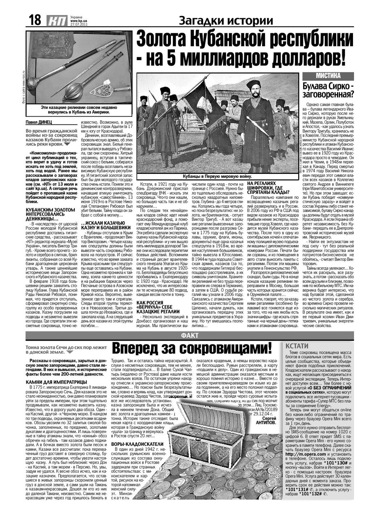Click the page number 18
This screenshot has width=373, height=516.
tap(35, 20)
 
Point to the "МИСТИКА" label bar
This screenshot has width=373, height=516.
tap(328, 76)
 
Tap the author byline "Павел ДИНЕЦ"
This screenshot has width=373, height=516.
tap(39, 122)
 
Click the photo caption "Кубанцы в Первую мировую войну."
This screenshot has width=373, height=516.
tap(217, 176)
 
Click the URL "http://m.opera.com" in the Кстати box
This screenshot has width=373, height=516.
tap(306, 454)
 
